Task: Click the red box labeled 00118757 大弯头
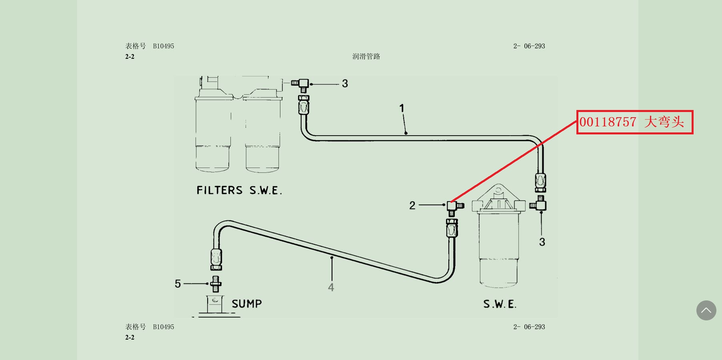click(634, 122)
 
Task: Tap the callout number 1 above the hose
click(402, 108)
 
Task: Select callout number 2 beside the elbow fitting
click(412, 206)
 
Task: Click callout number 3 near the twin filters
click(345, 84)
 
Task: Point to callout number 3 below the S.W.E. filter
click(542, 242)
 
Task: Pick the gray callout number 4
click(331, 287)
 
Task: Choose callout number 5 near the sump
click(178, 284)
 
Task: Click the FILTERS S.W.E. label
click(239, 190)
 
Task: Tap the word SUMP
click(247, 304)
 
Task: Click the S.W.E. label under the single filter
click(500, 304)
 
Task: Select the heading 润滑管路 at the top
click(366, 56)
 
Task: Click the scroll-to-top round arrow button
click(706, 310)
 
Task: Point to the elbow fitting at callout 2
click(453, 206)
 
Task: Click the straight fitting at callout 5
click(216, 284)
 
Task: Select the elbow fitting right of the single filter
click(540, 204)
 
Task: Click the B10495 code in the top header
click(164, 46)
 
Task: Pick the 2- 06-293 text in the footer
click(529, 327)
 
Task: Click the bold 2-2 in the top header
click(130, 57)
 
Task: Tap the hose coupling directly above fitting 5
click(216, 259)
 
